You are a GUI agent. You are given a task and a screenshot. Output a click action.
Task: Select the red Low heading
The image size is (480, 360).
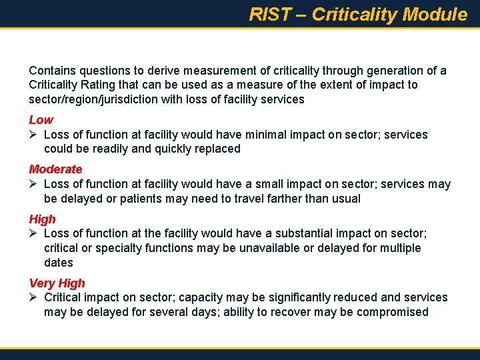[41, 120]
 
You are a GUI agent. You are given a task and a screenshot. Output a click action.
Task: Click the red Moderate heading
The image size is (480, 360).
[55, 169]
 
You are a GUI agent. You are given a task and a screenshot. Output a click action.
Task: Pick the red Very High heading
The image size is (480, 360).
[57, 283]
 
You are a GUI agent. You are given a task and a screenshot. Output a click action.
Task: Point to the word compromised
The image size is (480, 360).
[392, 312]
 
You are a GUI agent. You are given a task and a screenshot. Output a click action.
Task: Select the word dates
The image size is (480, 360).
[59, 263]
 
